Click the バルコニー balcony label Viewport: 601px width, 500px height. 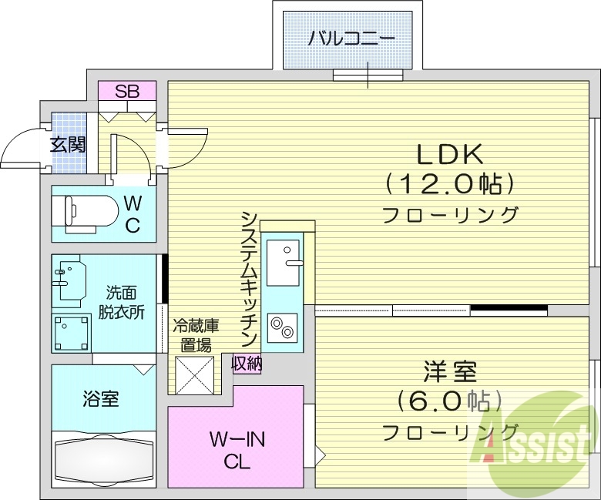351,38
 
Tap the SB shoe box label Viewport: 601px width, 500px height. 127,91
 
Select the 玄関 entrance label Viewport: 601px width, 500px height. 69,144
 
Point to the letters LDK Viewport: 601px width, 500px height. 450,154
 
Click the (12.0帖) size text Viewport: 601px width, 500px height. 450,183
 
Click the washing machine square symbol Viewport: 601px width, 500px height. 72,332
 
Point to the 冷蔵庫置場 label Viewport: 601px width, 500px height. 192,335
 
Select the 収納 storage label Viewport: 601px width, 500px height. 246,363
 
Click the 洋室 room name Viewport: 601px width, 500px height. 450,371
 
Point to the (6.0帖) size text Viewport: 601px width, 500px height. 450,401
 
